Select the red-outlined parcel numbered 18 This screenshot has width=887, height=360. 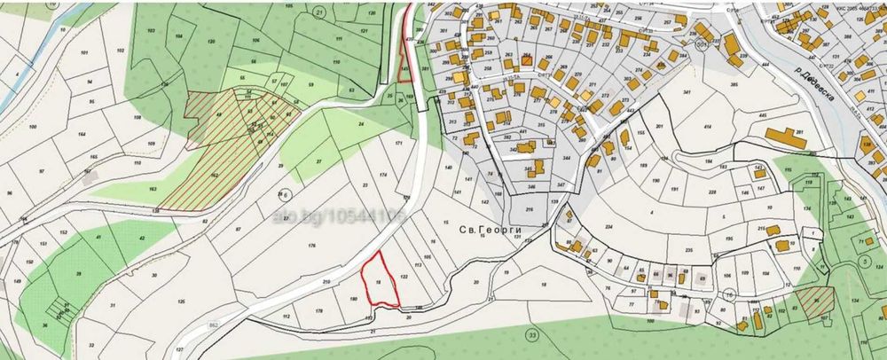click(x=379, y=282)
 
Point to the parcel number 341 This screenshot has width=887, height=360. click(x=662, y=92)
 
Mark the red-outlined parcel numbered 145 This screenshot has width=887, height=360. click(x=404, y=68)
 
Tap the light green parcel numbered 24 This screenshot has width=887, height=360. click(x=360, y=124)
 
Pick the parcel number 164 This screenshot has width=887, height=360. click(x=82, y=135)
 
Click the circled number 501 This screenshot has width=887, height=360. click(x=702, y=43)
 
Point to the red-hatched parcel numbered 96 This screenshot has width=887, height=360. click(x=814, y=301)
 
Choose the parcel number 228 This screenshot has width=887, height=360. click(x=711, y=190)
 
